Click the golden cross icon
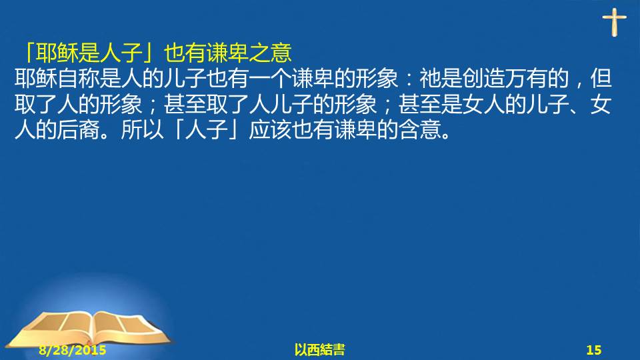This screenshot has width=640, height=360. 614,23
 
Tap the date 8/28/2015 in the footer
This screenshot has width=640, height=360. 73,350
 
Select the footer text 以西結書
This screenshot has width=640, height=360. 319,350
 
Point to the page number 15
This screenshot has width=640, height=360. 594,350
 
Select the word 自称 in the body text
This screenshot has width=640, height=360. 78,79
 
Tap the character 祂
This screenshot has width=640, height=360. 430,79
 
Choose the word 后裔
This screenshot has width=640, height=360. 78,130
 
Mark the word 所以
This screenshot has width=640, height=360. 142,130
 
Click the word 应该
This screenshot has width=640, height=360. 270,130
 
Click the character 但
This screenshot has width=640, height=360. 601,79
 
